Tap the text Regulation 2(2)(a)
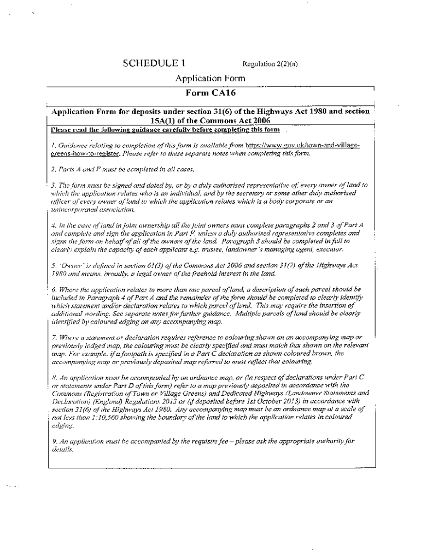(x=269, y=64)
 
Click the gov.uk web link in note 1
(x=303, y=147)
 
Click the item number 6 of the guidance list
(x=52, y=288)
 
